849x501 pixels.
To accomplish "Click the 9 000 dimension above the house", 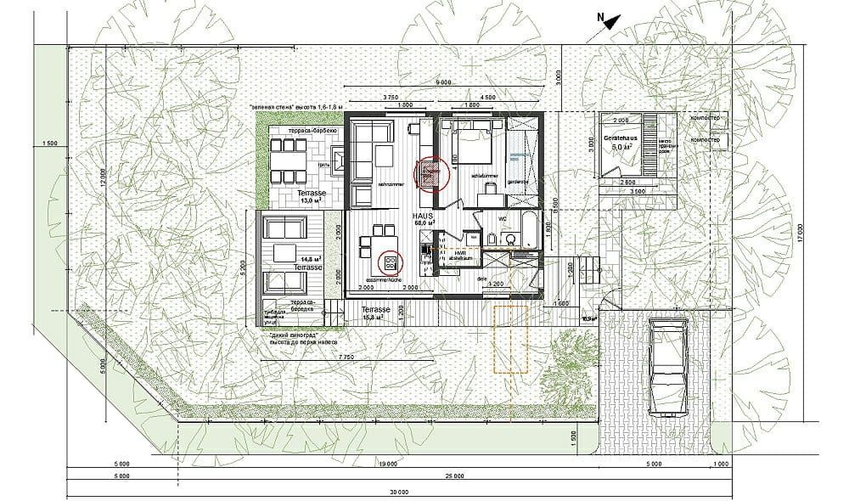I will pos(442,82).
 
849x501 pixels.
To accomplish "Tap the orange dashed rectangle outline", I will pos(510,340).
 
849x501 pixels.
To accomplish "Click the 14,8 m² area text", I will pos(309,259).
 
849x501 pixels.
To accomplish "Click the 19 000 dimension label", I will pos(391,464).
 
